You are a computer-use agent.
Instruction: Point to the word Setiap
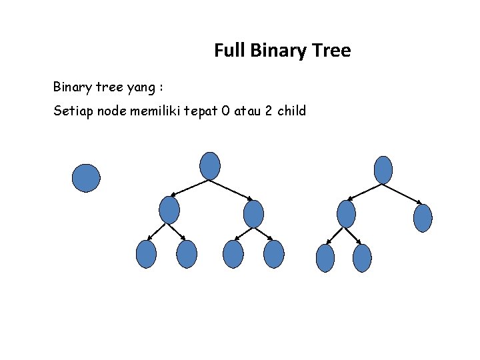click(73, 111)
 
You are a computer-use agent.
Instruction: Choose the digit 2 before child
click(267, 111)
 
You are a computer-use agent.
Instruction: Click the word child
click(291, 111)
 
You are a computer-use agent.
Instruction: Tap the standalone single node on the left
click(86, 178)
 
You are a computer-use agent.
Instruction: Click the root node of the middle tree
click(210, 165)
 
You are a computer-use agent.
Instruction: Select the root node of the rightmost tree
click(383, 169)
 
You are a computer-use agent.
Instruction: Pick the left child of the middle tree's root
click(170, 210)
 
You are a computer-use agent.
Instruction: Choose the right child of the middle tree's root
click(254, 213)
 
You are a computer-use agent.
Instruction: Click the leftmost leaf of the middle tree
click(146, 254)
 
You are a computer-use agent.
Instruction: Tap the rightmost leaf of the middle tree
click(274, 254)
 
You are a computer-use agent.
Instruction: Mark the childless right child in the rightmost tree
click(423, 218)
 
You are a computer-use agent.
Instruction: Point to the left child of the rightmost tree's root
click(346, 214)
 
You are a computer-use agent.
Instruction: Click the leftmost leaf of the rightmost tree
click(325, 258)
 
